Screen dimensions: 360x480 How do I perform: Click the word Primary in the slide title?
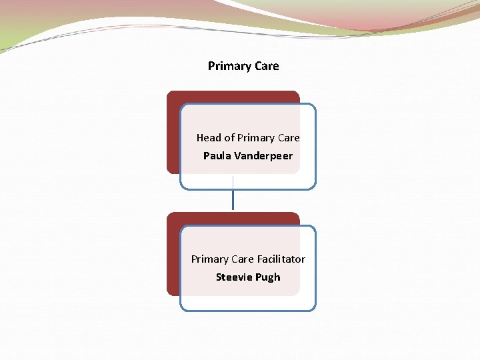[x=229, y=66]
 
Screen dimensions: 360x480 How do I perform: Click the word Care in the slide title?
[x=267, y=66]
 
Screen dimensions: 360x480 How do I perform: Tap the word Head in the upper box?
[x=209, y=138]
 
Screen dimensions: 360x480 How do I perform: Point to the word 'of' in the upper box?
[x=229, y=138]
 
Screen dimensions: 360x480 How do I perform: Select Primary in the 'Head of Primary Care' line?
[x=255, y=138]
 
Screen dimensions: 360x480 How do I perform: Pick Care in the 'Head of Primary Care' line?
[x=289, y=138]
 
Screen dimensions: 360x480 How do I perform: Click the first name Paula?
[x=217, y=156]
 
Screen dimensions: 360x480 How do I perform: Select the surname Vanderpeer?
[x=263, y=156]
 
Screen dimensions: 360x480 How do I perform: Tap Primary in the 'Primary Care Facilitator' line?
[x=209, y=259]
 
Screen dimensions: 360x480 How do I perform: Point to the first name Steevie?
[x=233, y=277]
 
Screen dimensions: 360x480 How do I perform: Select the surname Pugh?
[x=267, y=277]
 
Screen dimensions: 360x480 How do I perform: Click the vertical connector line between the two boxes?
[x=233, y=199]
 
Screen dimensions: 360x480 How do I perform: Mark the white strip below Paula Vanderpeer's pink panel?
[x=247, y=181]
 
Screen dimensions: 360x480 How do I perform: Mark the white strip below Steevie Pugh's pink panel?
[x=247, y=303]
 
